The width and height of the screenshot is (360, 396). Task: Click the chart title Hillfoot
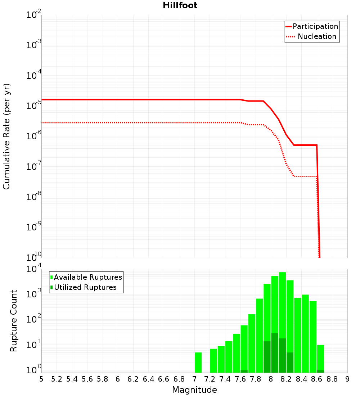tap(180, 5)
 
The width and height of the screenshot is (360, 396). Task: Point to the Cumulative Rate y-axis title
tap(7, 136)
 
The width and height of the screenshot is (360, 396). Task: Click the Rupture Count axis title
tap(14, 321)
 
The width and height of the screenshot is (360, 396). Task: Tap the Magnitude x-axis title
tap(194, 390)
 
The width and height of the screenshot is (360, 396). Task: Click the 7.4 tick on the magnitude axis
tap(225, 379)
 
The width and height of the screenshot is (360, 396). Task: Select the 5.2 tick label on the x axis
tap(57, 379)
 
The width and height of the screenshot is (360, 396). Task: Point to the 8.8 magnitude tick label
tap(332, 379)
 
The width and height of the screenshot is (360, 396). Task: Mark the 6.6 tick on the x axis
tap(164, 379)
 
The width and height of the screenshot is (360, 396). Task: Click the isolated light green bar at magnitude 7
tap(198, 363)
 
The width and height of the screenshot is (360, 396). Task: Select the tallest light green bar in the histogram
tap(282, 322)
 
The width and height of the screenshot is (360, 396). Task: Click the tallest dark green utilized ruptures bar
tap(275, 353)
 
